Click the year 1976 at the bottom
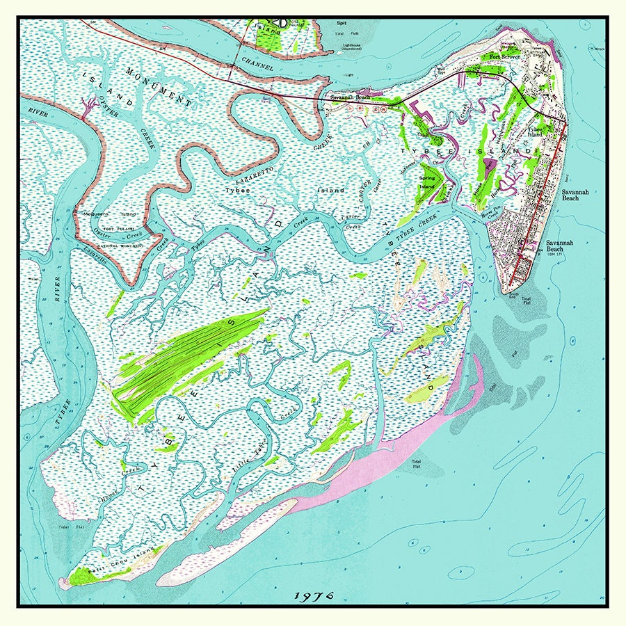pos(314,596)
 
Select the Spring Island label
pos(426,182)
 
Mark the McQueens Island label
pos(101,214)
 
